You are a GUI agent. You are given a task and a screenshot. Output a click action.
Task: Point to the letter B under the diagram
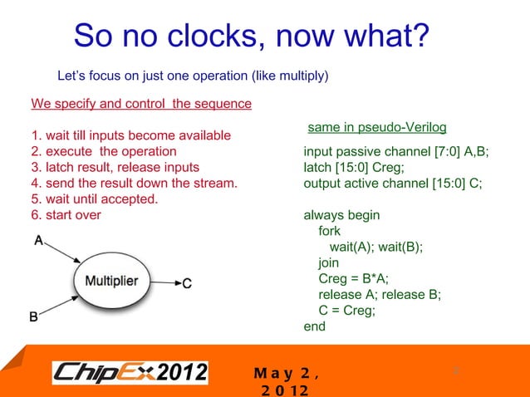34,316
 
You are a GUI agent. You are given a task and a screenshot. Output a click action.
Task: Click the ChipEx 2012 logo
130,373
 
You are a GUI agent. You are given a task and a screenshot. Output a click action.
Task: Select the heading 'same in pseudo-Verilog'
377,128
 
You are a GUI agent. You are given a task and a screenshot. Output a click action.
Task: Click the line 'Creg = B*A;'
354,278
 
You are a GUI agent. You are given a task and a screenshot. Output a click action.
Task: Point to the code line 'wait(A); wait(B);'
376,247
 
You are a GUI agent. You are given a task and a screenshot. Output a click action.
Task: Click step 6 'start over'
66,215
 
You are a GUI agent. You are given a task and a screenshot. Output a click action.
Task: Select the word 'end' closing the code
315,326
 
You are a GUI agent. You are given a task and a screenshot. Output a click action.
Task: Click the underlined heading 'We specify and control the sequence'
141,105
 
